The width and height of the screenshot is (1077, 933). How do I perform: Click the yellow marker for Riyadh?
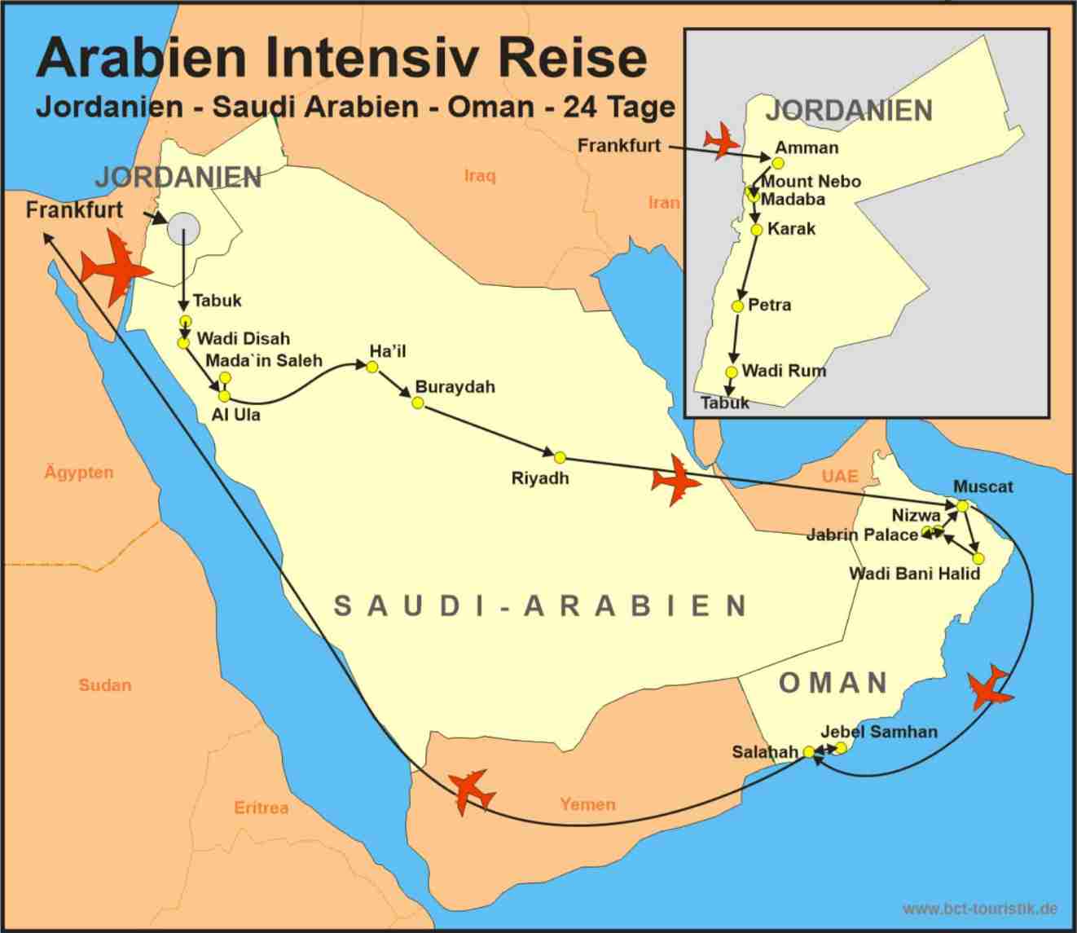tap(560, 457)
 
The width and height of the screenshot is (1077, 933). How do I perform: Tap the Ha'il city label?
tap(387, 351)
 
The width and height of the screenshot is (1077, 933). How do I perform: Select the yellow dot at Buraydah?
tap(418, 403)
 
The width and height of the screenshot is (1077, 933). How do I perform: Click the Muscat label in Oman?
tap(983, 486)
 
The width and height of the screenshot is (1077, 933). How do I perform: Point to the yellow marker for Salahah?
tap(808, 752)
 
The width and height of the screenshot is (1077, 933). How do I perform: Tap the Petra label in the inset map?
tap(769, 306)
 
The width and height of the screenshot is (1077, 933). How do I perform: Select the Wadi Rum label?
tap(784, 371)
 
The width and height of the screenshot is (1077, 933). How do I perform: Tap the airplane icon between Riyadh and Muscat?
tap(675, 482)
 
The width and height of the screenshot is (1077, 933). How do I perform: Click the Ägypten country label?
tap(79, 473)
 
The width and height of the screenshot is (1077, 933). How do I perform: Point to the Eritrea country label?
tap(261, 808)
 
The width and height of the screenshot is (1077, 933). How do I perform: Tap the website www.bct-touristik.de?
tap(980, 908)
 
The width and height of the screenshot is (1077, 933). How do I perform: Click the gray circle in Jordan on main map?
tap(182, 228)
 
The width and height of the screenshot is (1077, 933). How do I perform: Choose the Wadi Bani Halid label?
tap(914, 574)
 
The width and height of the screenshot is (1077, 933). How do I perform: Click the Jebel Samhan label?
tap(879, 732)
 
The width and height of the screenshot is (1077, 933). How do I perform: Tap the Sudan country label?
tap(104, 685)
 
